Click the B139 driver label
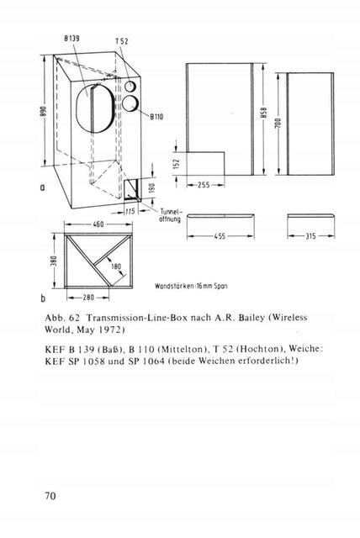tap(71, 39)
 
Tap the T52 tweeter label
tap(121, 41)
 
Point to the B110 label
tap(156, 117)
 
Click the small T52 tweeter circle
tap(130, 86)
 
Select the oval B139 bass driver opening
tap(94, 108)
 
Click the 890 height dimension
tap(43, 112)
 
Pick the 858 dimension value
tap(263, 113)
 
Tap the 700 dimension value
tap(278, 124)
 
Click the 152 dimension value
tap(177, 164)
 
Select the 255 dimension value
tap(204, 185)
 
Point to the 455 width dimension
tap(220, 236)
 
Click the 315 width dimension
tap(311, 236)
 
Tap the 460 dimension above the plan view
tap(98, 224)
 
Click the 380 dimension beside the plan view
tap(53, 261)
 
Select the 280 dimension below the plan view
tap(87, 297)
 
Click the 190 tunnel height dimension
tap(152, 187)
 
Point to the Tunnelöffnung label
tap(170, 215)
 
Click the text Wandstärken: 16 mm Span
tap(191, 286)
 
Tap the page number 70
tap(50, 496)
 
